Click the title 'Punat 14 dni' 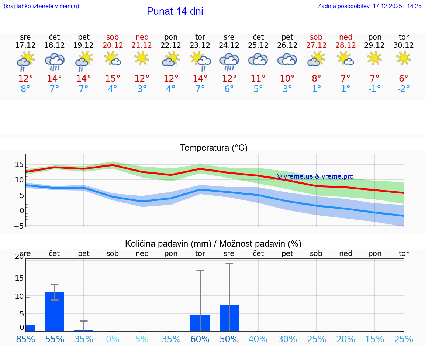[175, 11]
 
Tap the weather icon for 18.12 [55, 61]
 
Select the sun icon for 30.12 [404, 58]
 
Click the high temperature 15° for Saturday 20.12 [113, 79]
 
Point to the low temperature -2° [404, 89]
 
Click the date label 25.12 [258, 45]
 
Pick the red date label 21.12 [142, 45]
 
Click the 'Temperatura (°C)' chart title [214, 148]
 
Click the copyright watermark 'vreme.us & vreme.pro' [315, 176]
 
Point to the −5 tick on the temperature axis [19, 226]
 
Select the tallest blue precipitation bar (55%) [55, 312]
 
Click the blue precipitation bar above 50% [229, 318]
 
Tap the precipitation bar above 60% [200, 323]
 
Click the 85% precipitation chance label [25, 339]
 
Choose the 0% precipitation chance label [113, 339]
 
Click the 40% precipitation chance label [258, 339]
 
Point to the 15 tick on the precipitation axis [19, 278]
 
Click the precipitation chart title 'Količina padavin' [213, 244]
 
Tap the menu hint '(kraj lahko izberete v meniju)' [41, 6]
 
